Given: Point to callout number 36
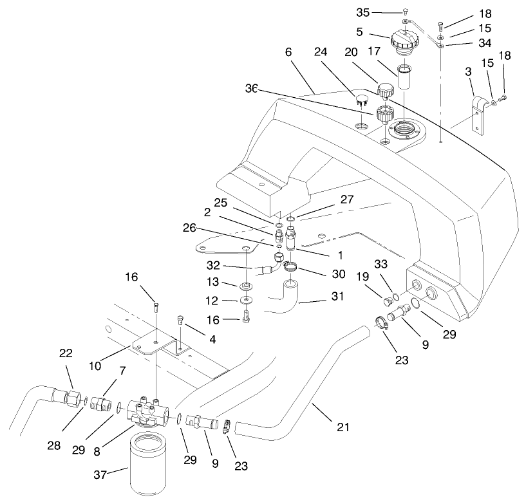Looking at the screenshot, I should click(x=251, y=89).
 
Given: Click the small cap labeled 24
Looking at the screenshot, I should click(x=361, y=100).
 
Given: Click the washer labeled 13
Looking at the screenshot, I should click(x=247, y=285).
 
